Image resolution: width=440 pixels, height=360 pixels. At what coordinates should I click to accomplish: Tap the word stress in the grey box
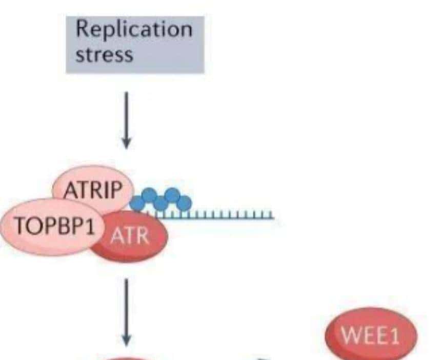(x=104, y=54)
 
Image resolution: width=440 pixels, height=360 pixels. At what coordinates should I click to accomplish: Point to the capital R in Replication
(x=83, y=29)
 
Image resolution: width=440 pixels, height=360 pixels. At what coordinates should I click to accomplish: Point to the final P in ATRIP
(x=117, y=191)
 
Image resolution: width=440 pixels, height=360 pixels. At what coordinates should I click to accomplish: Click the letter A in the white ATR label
(x=117, y=237)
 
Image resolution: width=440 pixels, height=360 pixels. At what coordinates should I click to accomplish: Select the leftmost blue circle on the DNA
(x=137, y=203)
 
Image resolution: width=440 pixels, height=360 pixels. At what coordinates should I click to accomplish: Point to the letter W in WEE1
(x=351, y=337)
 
